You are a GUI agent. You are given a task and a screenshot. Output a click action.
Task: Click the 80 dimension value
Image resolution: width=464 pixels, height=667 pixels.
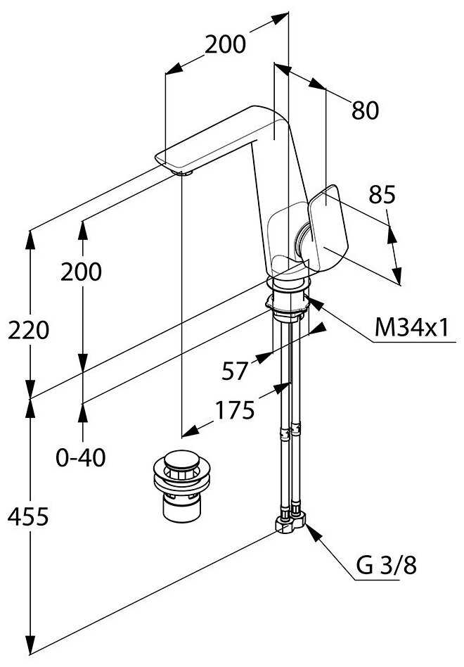365,110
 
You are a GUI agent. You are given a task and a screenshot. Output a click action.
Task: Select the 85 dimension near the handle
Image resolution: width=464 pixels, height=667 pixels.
382,195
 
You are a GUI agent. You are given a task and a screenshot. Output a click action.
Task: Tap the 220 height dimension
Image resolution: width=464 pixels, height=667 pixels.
28,329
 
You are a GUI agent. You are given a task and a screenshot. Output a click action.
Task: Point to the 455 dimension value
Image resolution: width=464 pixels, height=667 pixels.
28,517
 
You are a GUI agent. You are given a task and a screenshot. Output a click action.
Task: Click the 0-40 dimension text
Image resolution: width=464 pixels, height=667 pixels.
81,458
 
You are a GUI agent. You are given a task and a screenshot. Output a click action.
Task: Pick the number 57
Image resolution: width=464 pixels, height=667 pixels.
234,370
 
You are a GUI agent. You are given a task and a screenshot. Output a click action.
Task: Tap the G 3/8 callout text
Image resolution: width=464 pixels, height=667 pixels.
385,566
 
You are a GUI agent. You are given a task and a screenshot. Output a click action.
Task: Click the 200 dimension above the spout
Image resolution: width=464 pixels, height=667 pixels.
226,44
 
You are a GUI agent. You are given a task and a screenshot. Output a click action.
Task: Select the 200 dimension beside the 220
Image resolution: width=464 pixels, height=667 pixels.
81,272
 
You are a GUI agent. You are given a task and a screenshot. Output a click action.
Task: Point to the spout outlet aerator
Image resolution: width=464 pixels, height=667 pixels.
181,171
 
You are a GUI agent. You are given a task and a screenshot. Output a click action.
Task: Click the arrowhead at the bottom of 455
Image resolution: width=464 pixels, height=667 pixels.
30,644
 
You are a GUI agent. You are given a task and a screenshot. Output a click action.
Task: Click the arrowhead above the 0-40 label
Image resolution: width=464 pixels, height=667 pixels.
83,411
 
